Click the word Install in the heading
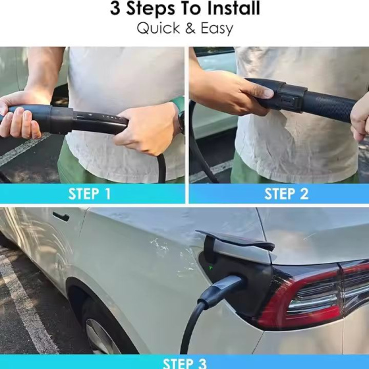234,8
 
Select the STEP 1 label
90,194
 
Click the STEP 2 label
286,194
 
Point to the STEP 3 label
184,363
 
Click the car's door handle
61,216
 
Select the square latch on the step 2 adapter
287,101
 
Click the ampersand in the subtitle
190,28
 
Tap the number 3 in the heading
115,9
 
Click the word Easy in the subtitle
217,29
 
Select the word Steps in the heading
151,9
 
